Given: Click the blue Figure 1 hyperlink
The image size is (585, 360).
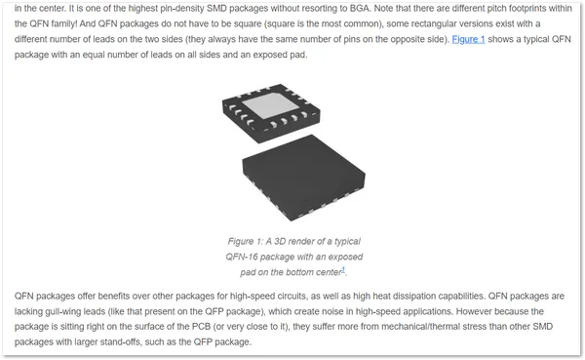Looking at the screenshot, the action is tap(468, 39).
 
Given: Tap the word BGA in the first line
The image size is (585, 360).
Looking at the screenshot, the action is tap(360, 8).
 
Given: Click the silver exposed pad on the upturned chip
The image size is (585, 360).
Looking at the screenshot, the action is tap(270, 105).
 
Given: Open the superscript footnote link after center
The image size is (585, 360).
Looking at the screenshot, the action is tap(343, 269).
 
